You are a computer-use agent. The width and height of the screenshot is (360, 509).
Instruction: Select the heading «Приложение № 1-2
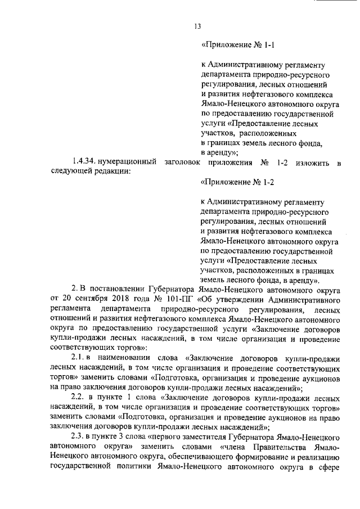tap(237, 182)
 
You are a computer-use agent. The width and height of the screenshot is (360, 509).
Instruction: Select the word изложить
tap(309, 163)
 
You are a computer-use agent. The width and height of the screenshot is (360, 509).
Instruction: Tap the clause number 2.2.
tap(78, 397)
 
